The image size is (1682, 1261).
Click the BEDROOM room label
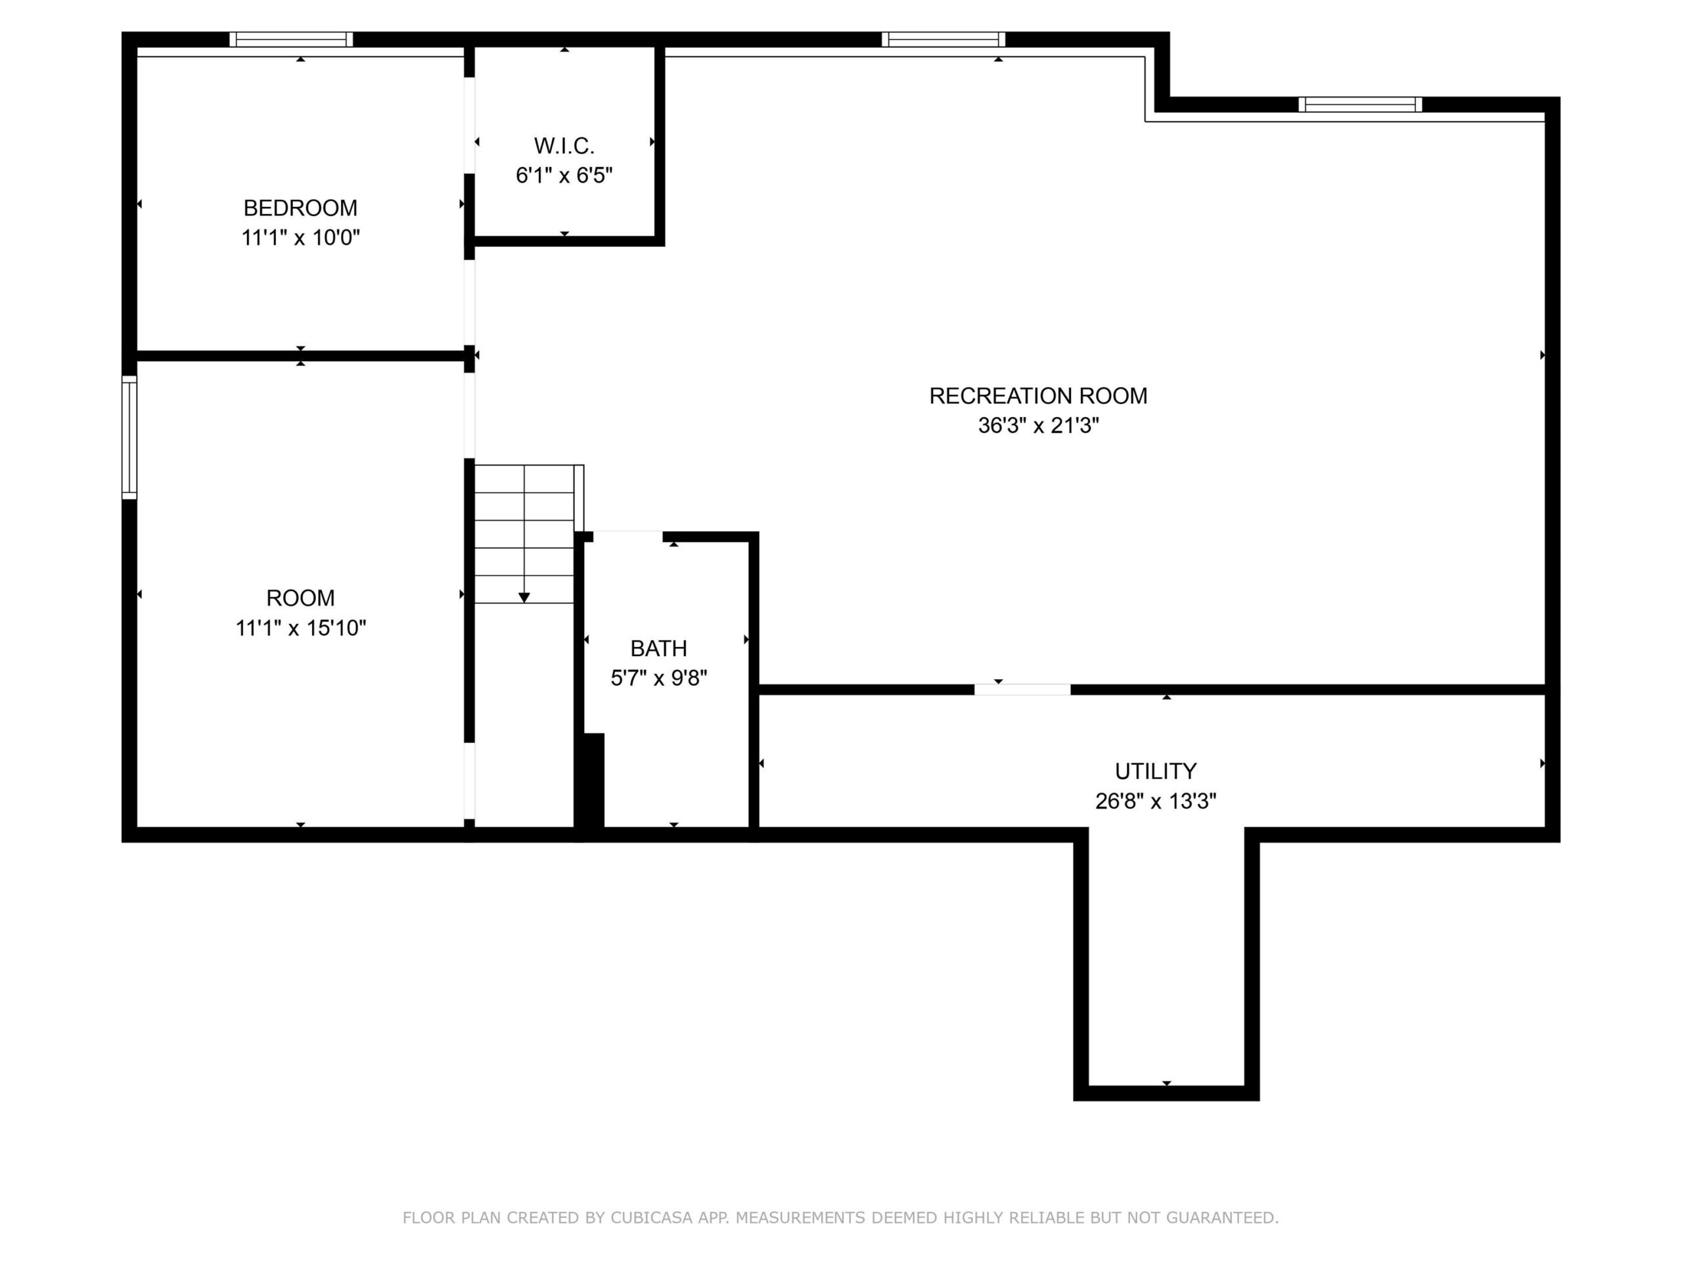coord(300,208)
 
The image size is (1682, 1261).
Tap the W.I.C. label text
coord(564,145)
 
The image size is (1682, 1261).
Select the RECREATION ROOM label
coord(1038,395)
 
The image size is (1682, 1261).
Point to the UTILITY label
coord(1155,771)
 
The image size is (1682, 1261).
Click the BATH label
coord(658,648)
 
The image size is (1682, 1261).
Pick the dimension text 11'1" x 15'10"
coord(300,628)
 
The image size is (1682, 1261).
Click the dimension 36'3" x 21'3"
coord(1038,425)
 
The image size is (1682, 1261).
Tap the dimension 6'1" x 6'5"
coord(564,175)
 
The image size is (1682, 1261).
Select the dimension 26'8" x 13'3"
coord(1155,801)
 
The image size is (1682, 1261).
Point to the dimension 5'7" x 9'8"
coord(658,677)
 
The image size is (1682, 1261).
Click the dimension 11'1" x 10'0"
coord(300,238)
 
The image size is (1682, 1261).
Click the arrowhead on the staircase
coord(524,598)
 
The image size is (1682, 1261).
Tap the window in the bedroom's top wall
coord(291,39)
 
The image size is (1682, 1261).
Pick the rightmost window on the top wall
coord(1359,104)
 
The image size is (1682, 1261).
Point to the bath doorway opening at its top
coord(627,537)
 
